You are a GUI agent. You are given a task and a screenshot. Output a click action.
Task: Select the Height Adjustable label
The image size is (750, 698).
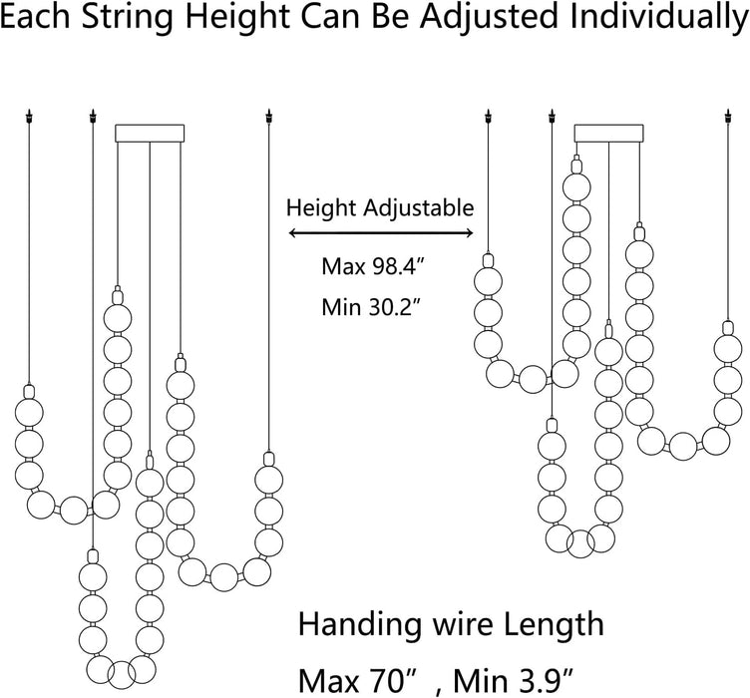pos(380,209)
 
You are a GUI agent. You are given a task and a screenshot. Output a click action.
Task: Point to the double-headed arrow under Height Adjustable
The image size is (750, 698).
pos(381,233)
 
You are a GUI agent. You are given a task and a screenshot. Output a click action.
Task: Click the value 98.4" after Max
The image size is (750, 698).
pos(395,266)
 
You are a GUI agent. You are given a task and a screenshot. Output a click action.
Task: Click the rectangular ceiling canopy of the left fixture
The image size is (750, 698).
pos(150,134)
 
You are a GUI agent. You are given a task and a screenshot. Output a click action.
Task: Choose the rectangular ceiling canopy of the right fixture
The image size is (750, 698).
pos(609,134)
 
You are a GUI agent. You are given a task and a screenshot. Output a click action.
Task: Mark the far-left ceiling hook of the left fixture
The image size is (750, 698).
pos(30,117)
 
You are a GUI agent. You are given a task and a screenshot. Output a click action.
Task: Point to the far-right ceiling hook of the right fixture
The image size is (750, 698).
pos(728,117)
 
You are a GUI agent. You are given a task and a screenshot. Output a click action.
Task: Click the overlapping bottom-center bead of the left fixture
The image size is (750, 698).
pos(122,675)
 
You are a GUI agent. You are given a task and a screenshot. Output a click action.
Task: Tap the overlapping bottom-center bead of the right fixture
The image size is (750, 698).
pos(580,543)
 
